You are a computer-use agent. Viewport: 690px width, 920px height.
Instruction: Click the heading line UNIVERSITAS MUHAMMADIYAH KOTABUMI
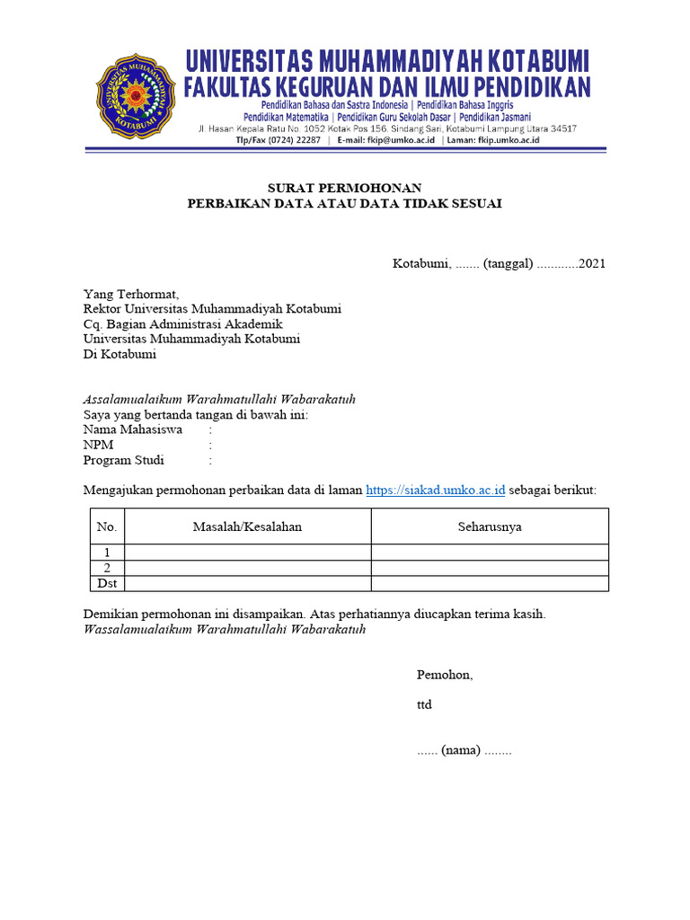tap(387, 61)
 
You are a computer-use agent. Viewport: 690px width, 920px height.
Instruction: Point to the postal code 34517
tap(560, 128)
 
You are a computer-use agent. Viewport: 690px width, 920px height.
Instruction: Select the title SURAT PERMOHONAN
tap(344, 187)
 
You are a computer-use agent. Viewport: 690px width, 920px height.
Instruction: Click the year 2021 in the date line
tap(592, 263)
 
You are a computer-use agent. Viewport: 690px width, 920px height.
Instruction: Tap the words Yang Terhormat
tap(131, 294)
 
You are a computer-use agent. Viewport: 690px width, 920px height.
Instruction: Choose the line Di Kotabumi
tap(119, 354)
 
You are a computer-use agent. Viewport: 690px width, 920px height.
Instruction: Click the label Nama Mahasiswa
tap(133, 429)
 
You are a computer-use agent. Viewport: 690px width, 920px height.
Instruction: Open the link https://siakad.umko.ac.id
tap(436, 490)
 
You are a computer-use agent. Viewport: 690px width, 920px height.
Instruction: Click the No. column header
tap(107, 526)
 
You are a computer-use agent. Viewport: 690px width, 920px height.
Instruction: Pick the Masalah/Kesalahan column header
tap(247, 526)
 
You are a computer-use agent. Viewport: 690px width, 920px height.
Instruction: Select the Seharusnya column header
tap(490, 526)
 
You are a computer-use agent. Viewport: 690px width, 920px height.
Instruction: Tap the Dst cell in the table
tap(107, 583)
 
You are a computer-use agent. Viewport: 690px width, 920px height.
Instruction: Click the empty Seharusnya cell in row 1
tap(490, 553)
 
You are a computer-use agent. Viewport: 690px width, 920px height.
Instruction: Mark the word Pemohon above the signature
tap(444, 675)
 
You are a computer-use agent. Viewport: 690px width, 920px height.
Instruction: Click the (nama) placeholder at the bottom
tap(462, 750)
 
